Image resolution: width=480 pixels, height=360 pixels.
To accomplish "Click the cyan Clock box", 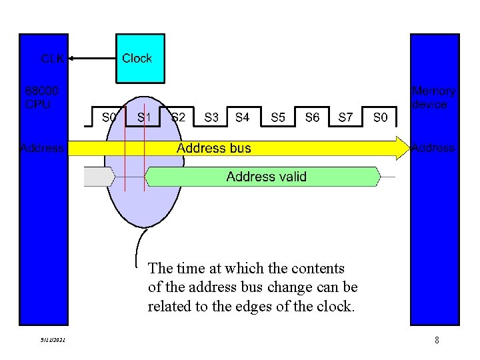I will click(x=139, y=59).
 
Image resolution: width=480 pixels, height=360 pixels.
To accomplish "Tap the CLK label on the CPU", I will click(x=53, y=59).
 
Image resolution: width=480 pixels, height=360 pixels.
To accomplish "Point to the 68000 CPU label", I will click(x=41, y=97).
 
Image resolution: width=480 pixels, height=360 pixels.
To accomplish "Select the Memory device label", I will click(x=433, y=97).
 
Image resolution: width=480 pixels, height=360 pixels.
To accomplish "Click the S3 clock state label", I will click(x=211, y=117).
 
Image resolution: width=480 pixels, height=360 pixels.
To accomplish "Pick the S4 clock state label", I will click(x=243, y=117).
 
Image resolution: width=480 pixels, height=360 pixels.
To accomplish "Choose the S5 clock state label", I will click(x=278, y=117).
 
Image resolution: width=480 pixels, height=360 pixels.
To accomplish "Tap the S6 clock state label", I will click(x=312, y=117).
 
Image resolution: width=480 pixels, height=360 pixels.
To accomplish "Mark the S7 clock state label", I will click(x=345, y=117).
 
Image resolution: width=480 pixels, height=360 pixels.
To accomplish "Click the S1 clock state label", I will click(x=144, y=117).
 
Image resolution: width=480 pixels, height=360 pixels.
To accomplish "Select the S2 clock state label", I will click(x=178, y=117).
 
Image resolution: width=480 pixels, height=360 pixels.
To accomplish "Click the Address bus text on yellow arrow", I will click(x=213, y=148).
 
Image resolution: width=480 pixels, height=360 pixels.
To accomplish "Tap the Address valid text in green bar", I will click(x=266, y=177).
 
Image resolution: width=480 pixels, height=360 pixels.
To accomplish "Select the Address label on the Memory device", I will click(x=433, y=148).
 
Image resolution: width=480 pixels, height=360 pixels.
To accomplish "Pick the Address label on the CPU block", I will click(x=42, y=148).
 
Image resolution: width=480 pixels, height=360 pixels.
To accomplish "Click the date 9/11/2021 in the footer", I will click(x=52, y=341).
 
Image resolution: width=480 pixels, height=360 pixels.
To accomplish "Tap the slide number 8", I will click(x=436, y=341).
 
